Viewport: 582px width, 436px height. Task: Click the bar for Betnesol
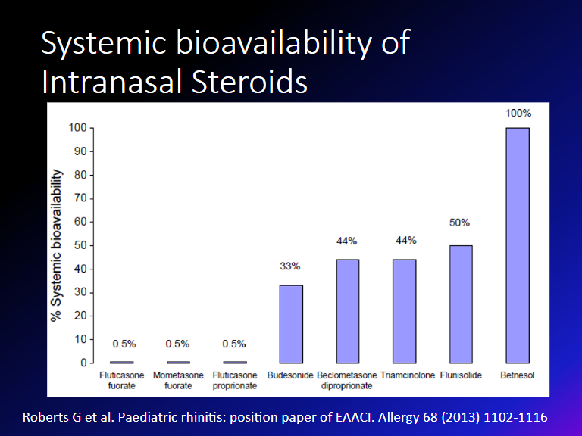point(517,245)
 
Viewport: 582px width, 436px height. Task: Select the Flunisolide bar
point(460,304)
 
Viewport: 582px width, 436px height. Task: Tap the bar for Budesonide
point(291,324)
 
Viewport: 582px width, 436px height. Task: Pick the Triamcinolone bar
point(404,311)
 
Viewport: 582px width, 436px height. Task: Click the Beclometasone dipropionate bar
point(347,311)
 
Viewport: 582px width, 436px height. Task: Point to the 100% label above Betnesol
point(518,113)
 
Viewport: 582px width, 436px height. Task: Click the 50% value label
point(460,223)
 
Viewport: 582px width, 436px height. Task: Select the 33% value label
point(290,266)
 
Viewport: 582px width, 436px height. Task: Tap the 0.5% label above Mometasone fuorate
point(178,344)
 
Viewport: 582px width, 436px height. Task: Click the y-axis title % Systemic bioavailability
point(56,245)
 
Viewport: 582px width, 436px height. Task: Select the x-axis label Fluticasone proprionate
point(235,381)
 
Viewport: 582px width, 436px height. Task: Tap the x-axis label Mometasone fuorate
point(178,381)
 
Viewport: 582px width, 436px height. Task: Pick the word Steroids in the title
point(245,82)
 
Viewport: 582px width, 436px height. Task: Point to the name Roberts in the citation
point(45,417)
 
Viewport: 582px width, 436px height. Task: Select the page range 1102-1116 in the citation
point(517,417)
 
